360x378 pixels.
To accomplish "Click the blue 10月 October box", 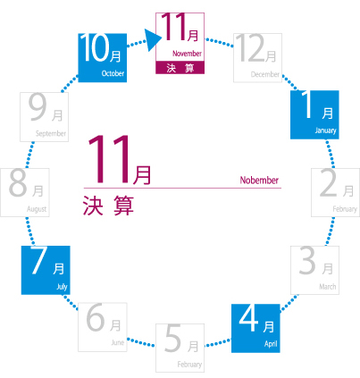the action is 103,58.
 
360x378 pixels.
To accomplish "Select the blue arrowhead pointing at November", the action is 154,40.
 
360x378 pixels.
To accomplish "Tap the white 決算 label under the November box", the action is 180,68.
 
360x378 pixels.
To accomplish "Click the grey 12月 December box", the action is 258,58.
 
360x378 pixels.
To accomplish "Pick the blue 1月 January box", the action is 314,114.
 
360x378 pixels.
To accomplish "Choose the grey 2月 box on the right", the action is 336,192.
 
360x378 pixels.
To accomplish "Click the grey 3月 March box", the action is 314,270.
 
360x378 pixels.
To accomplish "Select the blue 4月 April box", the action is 255,328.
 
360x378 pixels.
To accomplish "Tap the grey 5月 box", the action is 180,348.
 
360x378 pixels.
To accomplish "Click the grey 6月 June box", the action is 103,327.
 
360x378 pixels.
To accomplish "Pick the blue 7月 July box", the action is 46,270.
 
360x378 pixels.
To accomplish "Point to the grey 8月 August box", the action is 25,192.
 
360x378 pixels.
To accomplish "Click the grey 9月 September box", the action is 45,117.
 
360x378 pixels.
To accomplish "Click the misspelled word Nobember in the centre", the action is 259,181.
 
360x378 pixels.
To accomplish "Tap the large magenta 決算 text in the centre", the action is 108,206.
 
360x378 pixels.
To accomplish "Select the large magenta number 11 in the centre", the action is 110,159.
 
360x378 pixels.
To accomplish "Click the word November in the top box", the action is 187,54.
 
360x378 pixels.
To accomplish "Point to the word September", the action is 51,133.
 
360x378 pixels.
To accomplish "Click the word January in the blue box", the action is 325,130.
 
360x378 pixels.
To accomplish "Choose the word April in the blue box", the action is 271,344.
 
